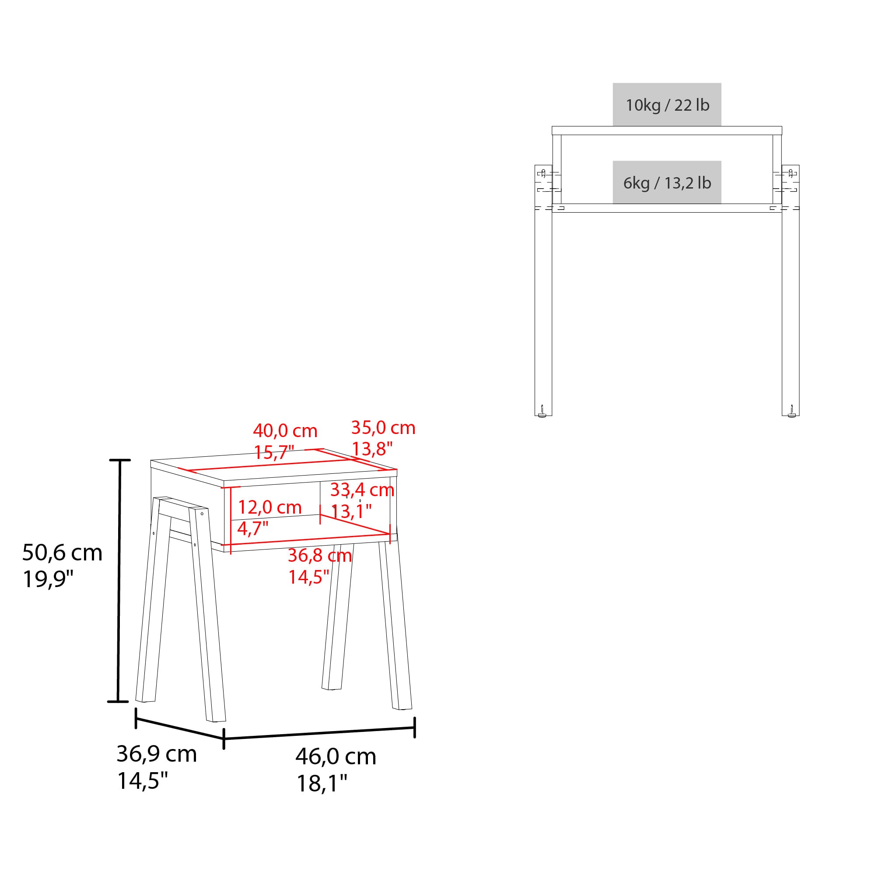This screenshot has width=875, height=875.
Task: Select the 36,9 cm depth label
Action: pyautogui.click(x=157, y=754)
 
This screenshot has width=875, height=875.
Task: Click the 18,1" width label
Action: pyautogui.click(x=322, y=783)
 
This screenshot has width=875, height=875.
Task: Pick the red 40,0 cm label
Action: pyautogui.click(x=285, y=430)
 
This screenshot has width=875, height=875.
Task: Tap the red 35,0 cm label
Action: pyautogui.click(x=383, y=428)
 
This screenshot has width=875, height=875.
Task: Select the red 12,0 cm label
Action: pyautogui.click(x=270, y=507)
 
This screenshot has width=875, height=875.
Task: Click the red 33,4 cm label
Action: pyautogui.click(x=362, y=490)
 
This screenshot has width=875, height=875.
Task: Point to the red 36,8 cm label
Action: pyautogui.click(x=320, y=556)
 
